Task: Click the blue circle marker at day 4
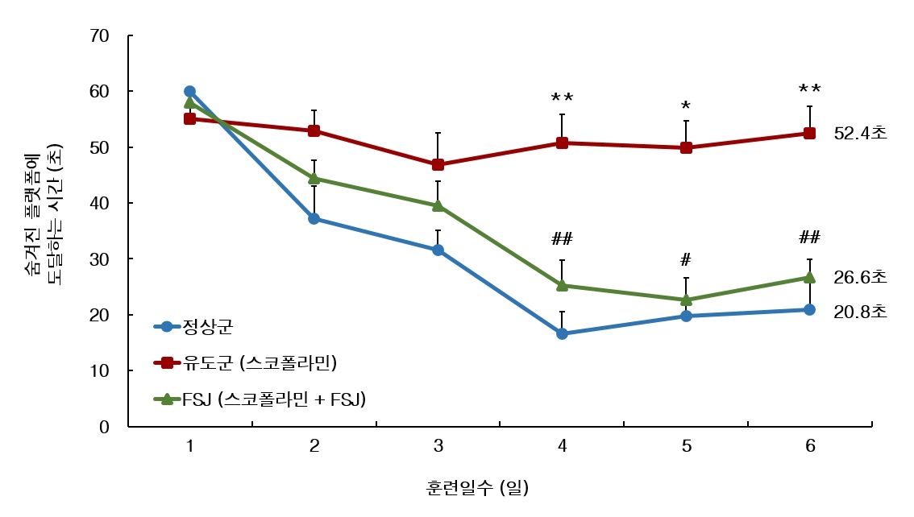point(562,333)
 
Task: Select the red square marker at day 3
point(438,164)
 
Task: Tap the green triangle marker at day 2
point(314,178)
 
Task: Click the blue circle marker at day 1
point(189,92)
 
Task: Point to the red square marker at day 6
point(810,134)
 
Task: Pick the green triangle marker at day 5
point(686,300)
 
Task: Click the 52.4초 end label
point(860,134)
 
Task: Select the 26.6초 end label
point(860,277)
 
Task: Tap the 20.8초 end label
point(860,311)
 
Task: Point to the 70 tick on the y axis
point(100,36)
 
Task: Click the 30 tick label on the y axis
point(100,259)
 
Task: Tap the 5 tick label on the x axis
point(686,446)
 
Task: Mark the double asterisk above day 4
point(562,98)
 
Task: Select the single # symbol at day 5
point(686,259)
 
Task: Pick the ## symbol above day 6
point(810,238)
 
